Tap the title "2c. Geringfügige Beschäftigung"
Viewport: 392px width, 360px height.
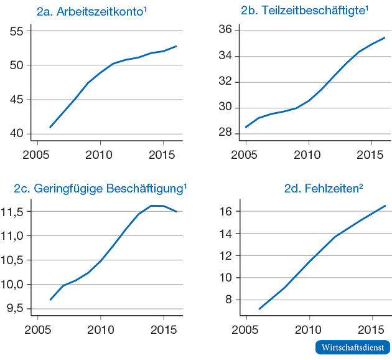(100, 188)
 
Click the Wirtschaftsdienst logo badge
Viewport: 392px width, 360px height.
(353, 347)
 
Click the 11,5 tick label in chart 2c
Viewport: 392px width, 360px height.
(12, 212)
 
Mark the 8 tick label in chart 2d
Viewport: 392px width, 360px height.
(228, 300)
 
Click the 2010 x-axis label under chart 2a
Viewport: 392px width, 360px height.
(100, 154)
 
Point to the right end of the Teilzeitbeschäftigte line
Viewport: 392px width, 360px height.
(385, 38)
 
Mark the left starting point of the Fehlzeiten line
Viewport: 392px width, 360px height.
(259, 309)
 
